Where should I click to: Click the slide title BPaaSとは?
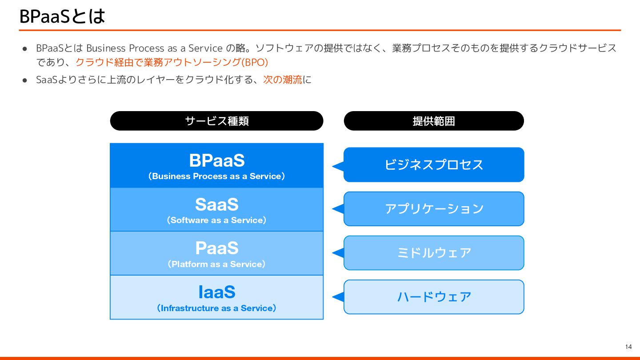click(62, 16)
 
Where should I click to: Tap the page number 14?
click(628, 347)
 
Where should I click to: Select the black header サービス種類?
click(216, 121)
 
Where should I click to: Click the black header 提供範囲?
click(434, 121)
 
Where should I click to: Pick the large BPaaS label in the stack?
click(216, 160)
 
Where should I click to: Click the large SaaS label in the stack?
click(216, 204)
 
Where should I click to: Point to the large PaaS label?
click(216, 248)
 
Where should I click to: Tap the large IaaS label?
click(216, 292)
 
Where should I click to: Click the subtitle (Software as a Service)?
click(216, 220)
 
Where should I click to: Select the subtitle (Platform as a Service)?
click(216, 264)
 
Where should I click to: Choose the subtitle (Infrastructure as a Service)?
click(216, 308)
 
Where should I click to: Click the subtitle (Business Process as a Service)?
click(216, 176)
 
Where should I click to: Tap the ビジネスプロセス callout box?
click(434, 165)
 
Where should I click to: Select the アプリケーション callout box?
click(434, 208)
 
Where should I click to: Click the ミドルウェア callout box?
click(434, 252)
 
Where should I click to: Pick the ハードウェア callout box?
click(434, 296)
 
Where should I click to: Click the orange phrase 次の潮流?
click(283, 80)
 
